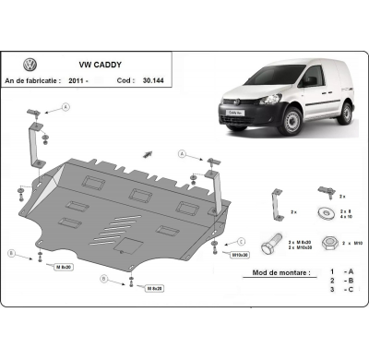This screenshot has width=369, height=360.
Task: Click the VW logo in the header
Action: [x=30, y=65]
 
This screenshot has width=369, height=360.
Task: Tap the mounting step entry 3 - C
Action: [x=339, y=291]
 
